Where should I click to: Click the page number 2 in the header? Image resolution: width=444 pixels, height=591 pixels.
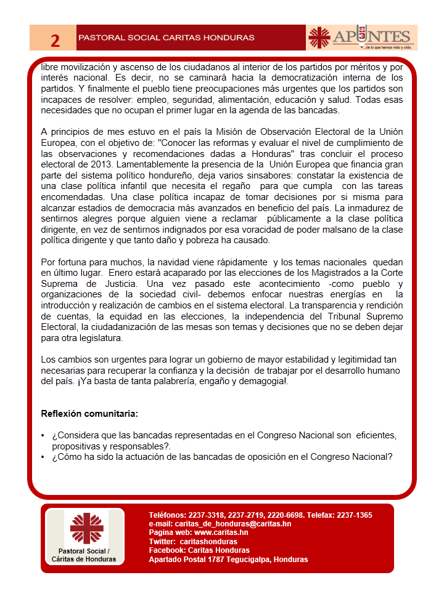55,40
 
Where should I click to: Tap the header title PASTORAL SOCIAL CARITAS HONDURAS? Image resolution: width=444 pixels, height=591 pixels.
166,38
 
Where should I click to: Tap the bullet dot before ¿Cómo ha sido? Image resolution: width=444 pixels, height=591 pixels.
43,457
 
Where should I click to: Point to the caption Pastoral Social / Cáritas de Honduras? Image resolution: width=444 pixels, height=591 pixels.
86,555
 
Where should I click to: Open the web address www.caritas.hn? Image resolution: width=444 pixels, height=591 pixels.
221,533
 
